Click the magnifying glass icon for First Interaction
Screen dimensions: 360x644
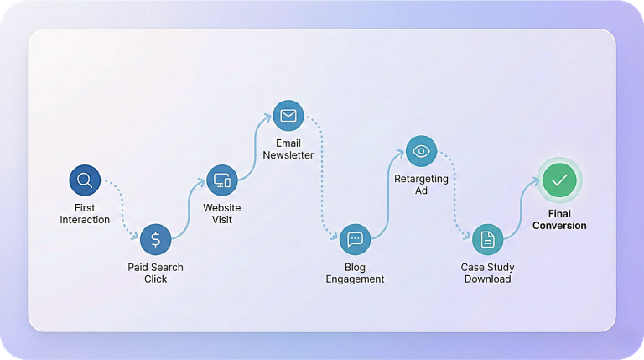(85, 180)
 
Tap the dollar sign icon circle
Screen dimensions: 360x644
(155, 239)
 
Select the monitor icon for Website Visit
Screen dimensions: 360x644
(221, 180)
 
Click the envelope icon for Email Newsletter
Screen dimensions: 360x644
(288, 115)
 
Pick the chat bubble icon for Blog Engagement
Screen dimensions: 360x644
(355, 239)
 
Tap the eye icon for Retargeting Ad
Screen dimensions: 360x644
(421, 151)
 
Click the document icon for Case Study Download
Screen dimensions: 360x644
(487, 239)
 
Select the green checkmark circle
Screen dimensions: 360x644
(558, 180)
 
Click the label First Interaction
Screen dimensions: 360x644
(85, 214)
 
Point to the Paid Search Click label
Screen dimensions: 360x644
(155, 273)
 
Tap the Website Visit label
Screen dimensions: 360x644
(221, 214)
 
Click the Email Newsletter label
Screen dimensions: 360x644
(288, 149)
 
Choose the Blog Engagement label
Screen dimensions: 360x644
(355, 273)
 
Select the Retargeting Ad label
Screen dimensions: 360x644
(421, 185)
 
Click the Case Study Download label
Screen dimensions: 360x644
(487, 273)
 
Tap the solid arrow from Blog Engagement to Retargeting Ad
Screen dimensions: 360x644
(388, 193)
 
